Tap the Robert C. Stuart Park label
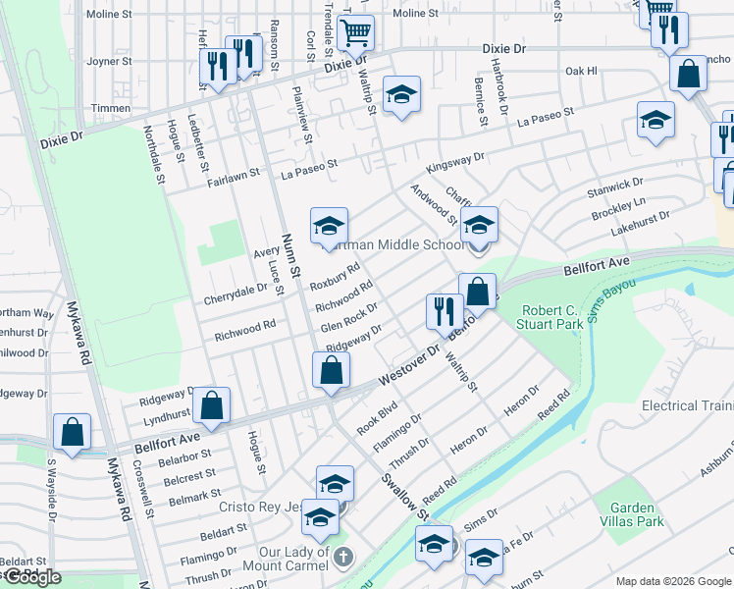pos(550,317)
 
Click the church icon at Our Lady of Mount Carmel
pos(341,557)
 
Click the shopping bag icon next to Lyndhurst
pos(211,403)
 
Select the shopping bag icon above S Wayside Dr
pos(72,431)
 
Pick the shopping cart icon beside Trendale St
pos(355,32)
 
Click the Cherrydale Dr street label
pos(236,294)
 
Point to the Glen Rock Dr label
pos(348,316)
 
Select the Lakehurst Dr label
pos(639,221)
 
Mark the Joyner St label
pos(109,61)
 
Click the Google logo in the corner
pos(32,577)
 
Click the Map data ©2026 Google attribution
pos(673,581)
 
